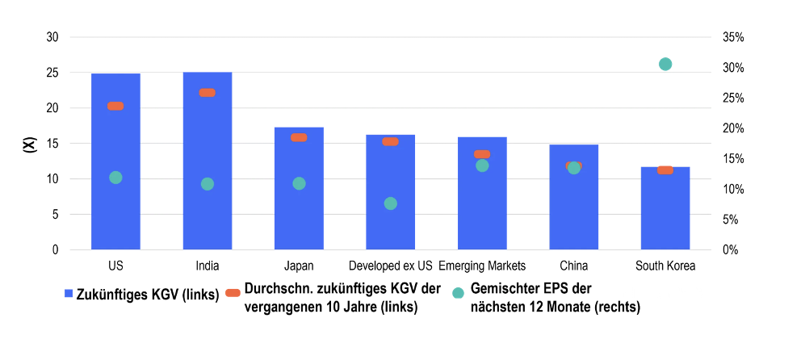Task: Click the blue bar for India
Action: (208, 161)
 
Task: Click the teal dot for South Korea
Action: (665, 65)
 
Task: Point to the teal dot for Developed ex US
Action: (391, 203)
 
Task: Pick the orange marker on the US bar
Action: (115, 106)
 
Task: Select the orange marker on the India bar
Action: (208, 93)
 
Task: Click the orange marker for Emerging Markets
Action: (482, 154)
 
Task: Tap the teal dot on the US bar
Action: (115, 178)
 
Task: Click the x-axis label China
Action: (573, 266)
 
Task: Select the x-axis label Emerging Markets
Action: (482, 266)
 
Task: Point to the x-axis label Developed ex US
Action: (391, 266)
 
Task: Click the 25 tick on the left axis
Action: (52, 73)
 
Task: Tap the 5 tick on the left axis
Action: (56, 215)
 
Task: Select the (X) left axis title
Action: (30, 144)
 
